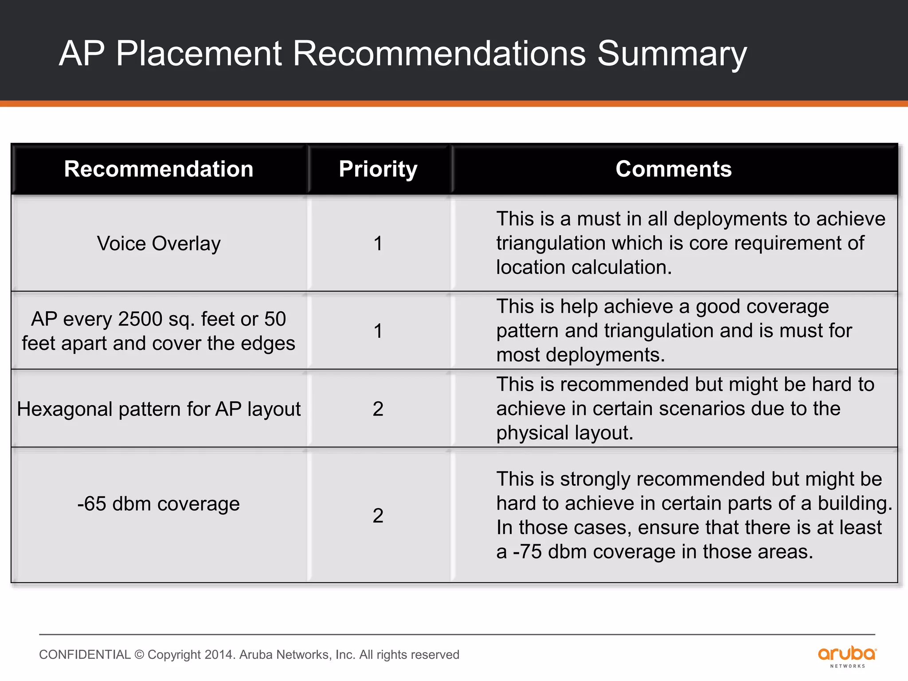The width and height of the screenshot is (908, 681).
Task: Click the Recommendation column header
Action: coord(159,169)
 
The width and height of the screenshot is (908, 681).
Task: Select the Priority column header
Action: coord(378,169)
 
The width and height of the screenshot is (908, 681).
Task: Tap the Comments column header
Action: coord(673,169)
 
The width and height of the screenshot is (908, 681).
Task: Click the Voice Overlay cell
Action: coord(159,243)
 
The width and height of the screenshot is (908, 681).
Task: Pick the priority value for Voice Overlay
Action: coord(378,243)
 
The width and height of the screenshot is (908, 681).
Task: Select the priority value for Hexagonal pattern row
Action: coord(378,408)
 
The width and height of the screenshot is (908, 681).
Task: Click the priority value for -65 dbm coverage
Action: coord(378,515)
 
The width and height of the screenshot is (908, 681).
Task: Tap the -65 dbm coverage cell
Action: coord(159,504)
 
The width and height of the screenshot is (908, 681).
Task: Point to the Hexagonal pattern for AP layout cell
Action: coord(159,409)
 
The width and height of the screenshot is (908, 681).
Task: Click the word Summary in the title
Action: coord(672,54)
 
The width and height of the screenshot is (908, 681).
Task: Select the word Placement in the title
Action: coord(199,54)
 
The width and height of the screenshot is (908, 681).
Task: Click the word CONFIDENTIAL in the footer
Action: coord(85,654)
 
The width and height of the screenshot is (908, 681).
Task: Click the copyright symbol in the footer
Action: coord(139,654)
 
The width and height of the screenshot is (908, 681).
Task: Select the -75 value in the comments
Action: coord(527,552)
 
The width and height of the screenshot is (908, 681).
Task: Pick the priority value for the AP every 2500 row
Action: coord(378,331)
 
